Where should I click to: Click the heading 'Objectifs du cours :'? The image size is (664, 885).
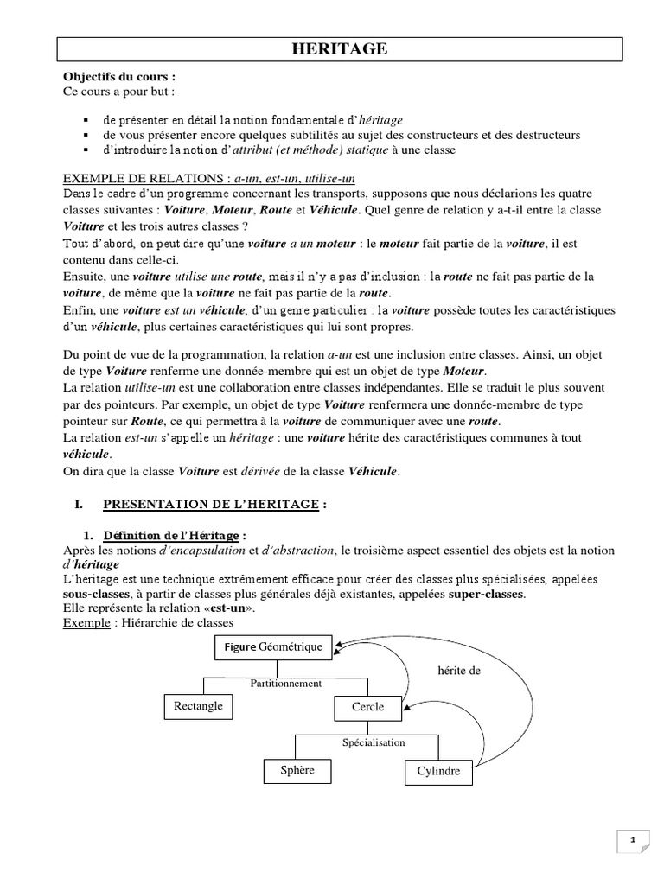coord(119,77)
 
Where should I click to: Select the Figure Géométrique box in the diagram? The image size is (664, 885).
coord(274,646)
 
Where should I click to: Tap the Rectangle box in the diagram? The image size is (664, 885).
coord(198,706)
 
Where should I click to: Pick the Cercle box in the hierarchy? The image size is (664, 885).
coord(367,707)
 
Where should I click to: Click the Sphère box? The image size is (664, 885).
coord(297,769)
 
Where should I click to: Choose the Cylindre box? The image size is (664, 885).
coord(439,771)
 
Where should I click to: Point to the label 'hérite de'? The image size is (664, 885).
coord(458,669)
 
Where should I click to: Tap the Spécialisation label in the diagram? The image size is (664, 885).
coord(373,742)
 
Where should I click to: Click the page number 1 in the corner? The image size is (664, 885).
coord(632,839)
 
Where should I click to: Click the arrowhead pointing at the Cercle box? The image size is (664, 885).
coord(407,708)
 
